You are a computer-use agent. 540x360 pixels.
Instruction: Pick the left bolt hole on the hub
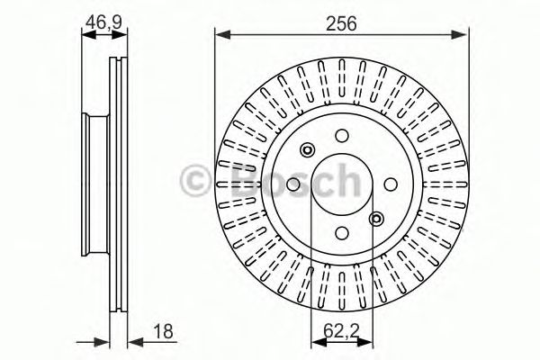coord(294,183)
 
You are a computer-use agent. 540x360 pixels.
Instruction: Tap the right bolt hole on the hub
coord(390,183)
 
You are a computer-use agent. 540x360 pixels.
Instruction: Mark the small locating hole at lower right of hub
coord(375,217)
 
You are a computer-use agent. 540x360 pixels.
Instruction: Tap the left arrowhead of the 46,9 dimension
coord(85,36)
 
